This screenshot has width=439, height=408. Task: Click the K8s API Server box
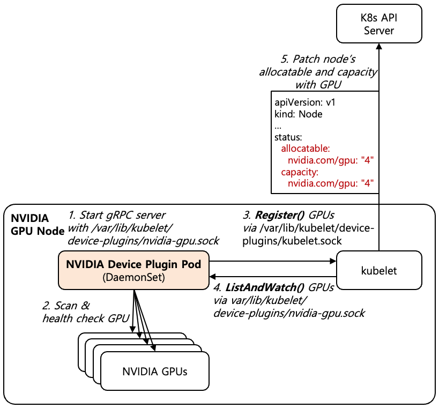click(x=379, y=24)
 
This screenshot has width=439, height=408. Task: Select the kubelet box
click(x=379, y=271)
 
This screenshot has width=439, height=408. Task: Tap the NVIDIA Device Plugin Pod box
click(x=133, y=270)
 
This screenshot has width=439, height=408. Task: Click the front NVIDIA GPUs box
click(x=154, y=371)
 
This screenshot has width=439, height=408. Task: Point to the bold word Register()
click(x=279, y=215)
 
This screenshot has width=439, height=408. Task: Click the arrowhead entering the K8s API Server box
click(x=379, y=47)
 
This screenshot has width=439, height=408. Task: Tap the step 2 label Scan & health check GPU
click(x=86, y=313)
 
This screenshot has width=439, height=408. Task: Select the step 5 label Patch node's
click(x=318, y=59)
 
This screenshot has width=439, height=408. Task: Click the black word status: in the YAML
click(x=288, y=137)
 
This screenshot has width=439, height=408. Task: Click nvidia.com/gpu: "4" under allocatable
click(x=330, y=160)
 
